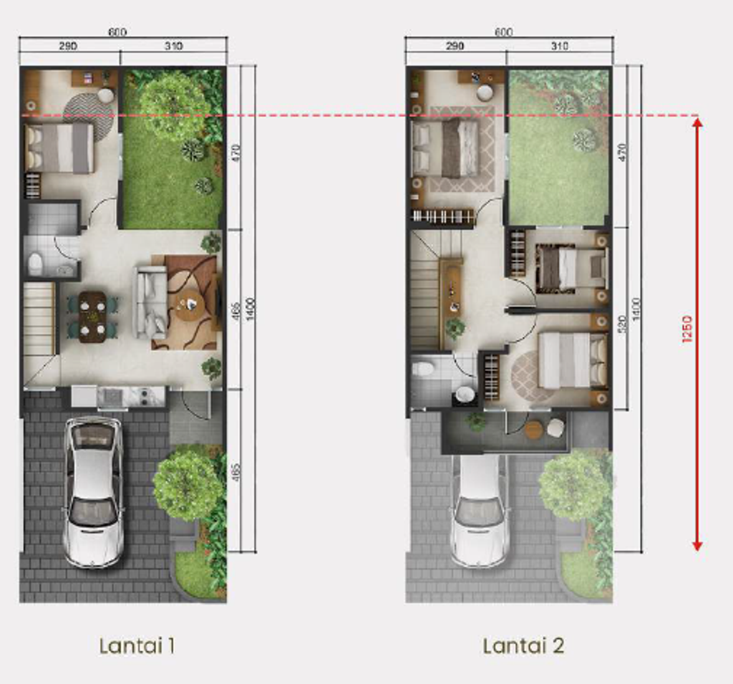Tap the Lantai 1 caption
tap(137, 646)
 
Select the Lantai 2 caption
tap(523, 646)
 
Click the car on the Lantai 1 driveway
tap(93, 491)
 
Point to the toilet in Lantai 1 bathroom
tap(34, 264)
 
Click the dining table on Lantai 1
tap(92, 317)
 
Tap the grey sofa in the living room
tap(150, 302)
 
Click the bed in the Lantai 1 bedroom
tap(59, 148)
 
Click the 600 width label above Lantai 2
tap(504, 32)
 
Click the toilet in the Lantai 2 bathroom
tap(423, 370)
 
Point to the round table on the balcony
tap(534, 430)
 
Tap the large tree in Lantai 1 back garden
tap(174, 105)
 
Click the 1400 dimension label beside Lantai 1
tap(250, 308)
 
